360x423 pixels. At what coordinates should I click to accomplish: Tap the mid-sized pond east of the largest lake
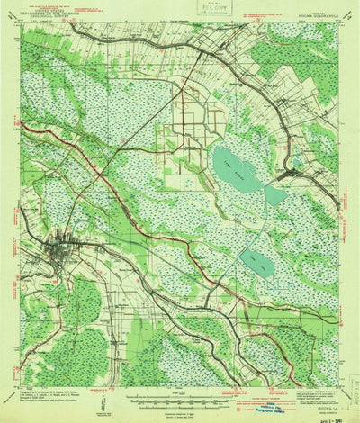(x=274, y=194)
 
